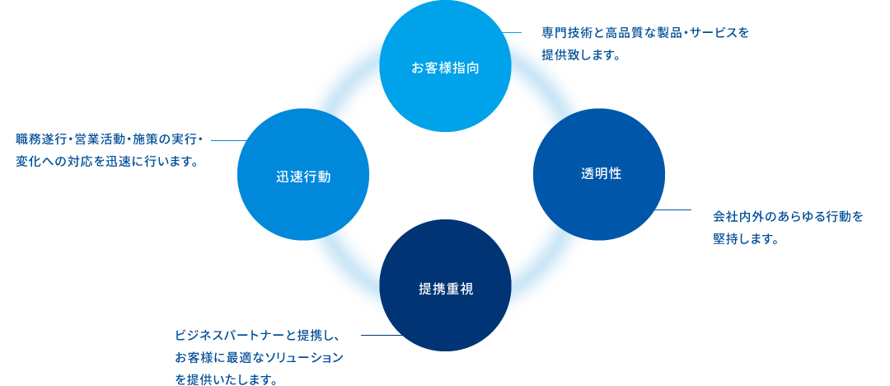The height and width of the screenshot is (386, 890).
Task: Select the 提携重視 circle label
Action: click(445, 289)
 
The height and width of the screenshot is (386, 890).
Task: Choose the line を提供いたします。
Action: click(225, 380)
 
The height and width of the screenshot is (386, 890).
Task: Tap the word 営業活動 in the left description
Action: click(93, 139)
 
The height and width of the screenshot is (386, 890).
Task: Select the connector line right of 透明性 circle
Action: click(677, 209)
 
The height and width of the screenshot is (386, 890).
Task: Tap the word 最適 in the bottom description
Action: click(246, 359)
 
